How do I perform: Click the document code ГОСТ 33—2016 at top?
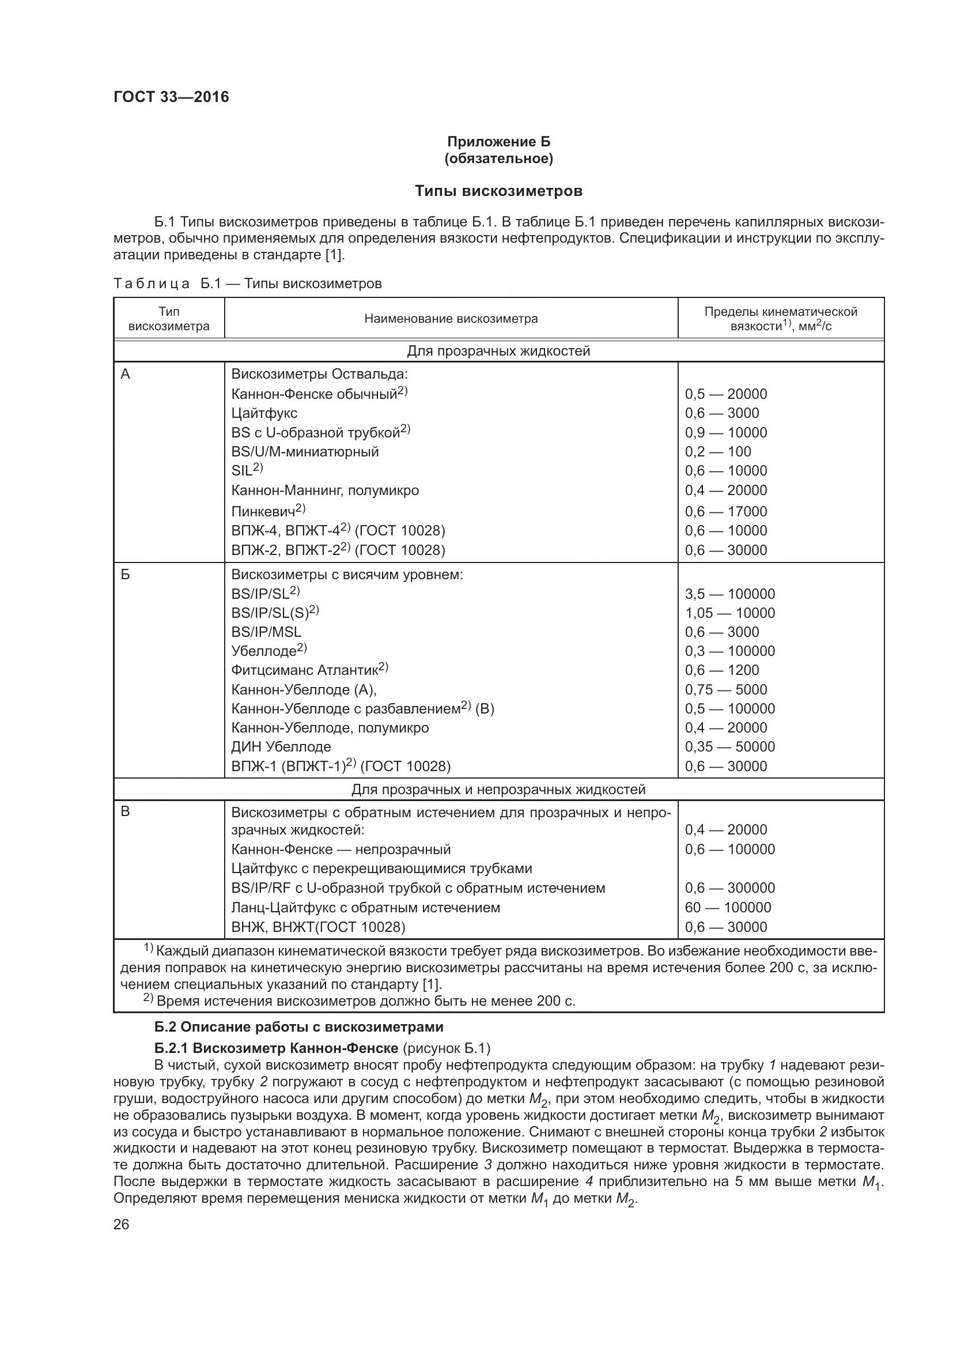tap(171, 97)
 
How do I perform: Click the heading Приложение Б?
tap(498, 142)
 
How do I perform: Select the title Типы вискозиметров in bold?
tap(498, 191)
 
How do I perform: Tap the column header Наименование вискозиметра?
tap(451, 319)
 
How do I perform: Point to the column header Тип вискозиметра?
tap(169, 319)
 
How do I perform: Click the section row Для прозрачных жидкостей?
tap(498, 351)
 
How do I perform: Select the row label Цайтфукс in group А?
tap(264, 413)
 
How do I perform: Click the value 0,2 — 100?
tap(718, 451)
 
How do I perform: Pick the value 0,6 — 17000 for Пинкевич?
tap(726, 511)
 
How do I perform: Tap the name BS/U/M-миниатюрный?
tap(305, 451)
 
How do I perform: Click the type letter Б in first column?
tap(125, 574)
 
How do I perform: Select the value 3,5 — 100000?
tap(729, 594)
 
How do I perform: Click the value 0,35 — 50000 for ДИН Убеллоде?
tap(729, 747)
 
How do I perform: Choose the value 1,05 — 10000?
tap(729, 613)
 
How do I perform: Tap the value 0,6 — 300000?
tap(729, 888)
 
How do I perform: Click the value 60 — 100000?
tap(728, 907)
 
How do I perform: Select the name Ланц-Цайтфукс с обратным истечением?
tap(366, 908)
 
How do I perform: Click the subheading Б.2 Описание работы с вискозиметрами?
tap(298, 1027)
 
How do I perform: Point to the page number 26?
tap(121, 1225)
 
